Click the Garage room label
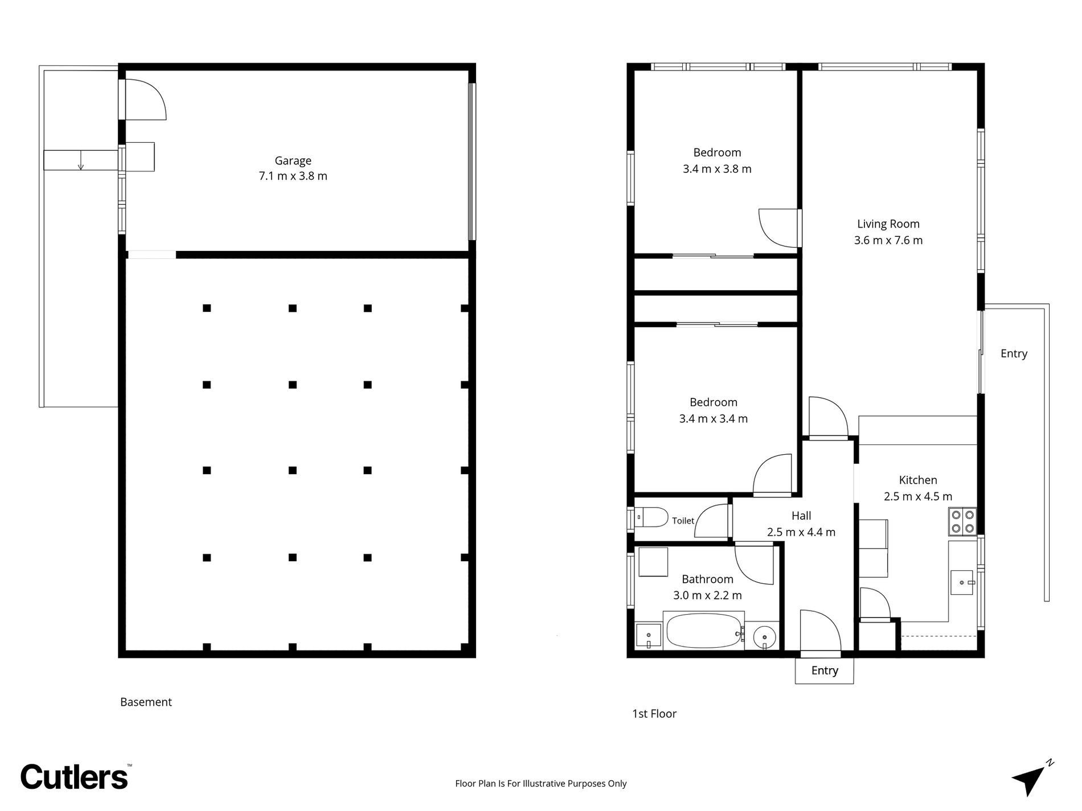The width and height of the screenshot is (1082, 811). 293,161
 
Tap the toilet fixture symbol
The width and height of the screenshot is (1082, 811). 651,517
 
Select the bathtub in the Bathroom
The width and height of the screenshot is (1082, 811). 704,630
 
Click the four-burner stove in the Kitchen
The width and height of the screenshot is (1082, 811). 962,522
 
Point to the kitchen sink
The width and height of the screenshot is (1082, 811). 962,583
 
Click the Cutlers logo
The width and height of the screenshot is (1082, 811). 75,776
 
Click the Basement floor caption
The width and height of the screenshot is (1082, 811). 146,702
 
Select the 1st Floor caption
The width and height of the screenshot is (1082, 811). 654,714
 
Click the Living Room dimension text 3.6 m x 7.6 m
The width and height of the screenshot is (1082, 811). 888,240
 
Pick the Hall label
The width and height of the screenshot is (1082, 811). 801,516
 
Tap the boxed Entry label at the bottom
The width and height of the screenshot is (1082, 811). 825,671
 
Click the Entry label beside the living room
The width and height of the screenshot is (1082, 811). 1014,353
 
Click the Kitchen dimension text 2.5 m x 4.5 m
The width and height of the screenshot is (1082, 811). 918,496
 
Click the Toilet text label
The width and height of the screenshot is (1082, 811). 683,521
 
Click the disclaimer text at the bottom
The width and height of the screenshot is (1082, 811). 540,784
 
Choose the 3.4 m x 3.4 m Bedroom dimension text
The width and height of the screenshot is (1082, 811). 714,419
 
